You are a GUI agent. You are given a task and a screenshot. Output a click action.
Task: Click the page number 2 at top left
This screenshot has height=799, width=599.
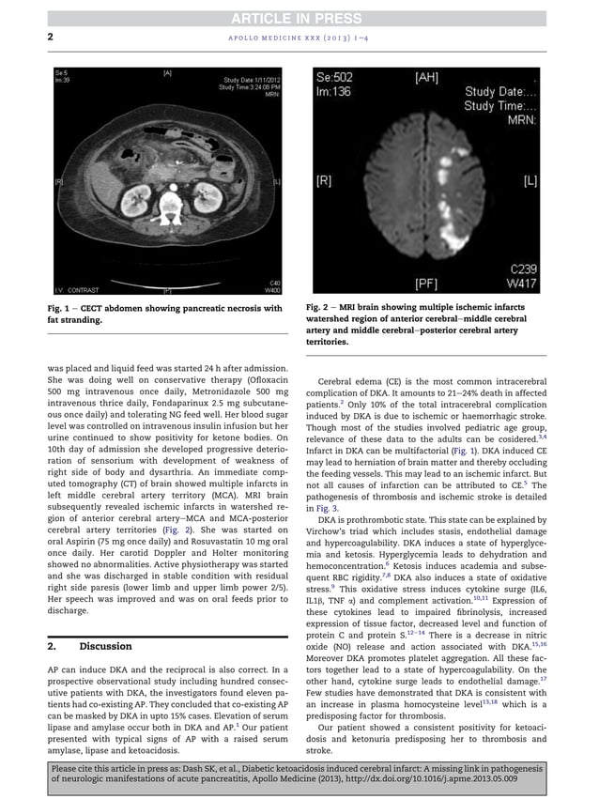(50, 38)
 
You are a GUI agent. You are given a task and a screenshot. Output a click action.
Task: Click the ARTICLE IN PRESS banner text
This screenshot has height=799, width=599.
(299, 17)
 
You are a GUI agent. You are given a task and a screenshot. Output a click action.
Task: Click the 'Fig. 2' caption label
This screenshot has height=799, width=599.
(320, 307)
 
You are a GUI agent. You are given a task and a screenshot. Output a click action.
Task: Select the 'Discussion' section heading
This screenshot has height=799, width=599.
(105, 646)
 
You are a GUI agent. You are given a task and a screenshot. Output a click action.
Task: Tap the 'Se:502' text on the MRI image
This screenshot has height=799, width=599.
(339, 77)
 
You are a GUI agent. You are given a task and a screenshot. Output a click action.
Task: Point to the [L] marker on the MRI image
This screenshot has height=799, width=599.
(530, 180)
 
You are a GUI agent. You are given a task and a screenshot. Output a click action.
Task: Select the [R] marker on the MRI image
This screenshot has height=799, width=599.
(324, 180)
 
